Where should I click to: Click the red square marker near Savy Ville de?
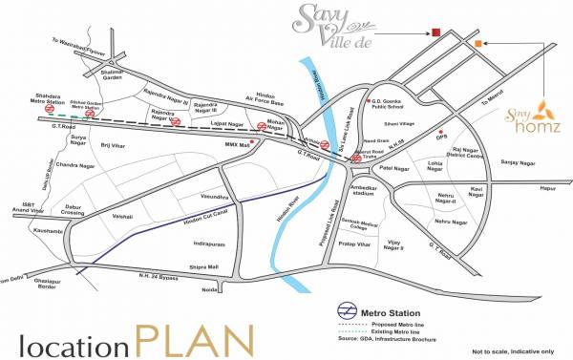(435, 33)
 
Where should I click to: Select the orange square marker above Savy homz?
(477, 42)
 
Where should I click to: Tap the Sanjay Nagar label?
(517, 162)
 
